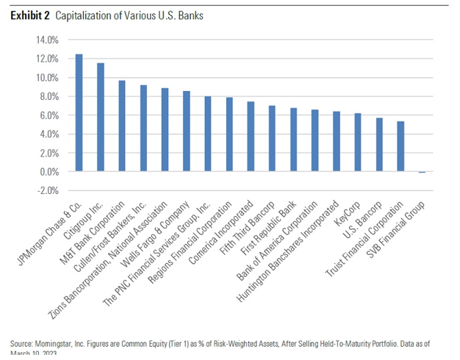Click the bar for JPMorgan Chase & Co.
(79, 113)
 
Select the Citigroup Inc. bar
(100, 118)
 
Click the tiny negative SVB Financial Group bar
(423, 173)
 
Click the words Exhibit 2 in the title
(29, 15)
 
